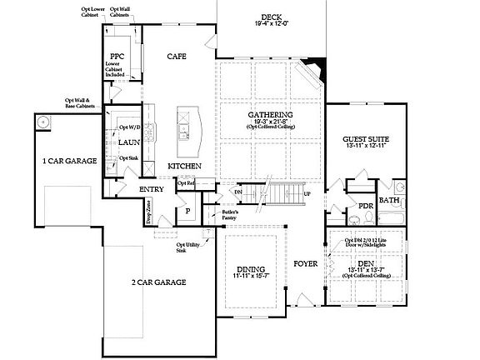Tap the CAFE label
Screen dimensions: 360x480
pos(176,56)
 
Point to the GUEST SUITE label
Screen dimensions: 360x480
pos(367,138)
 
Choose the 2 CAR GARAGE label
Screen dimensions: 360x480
pos(157,282)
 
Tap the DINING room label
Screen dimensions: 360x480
pos(251,269)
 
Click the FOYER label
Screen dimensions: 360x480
pos(306,265)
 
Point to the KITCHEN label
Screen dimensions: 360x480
pos(184,166)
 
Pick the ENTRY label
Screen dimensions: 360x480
pos(151,189)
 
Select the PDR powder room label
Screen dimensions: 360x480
pos(364,205)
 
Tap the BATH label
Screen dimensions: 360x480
pos(389,200)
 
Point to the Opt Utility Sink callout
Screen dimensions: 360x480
pos(187,247)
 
